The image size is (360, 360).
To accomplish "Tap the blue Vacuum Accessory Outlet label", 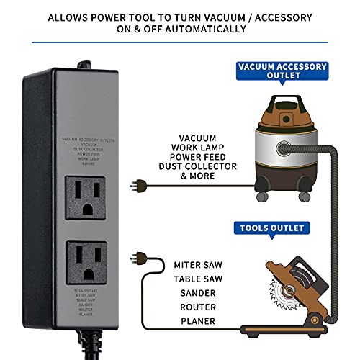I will [282, 71].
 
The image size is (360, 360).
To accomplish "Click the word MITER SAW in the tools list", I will [197, 265].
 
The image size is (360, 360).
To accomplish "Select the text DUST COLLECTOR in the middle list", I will [197, 166].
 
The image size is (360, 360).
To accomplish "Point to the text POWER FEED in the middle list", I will [197, 156].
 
